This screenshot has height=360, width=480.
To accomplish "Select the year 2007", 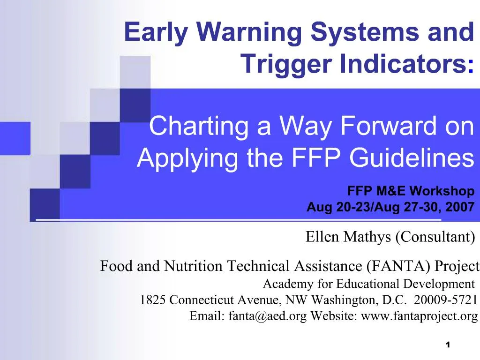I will (460, 207).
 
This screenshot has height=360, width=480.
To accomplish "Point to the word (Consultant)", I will (435, 237).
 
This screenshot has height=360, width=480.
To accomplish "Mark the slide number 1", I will (448, 345).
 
